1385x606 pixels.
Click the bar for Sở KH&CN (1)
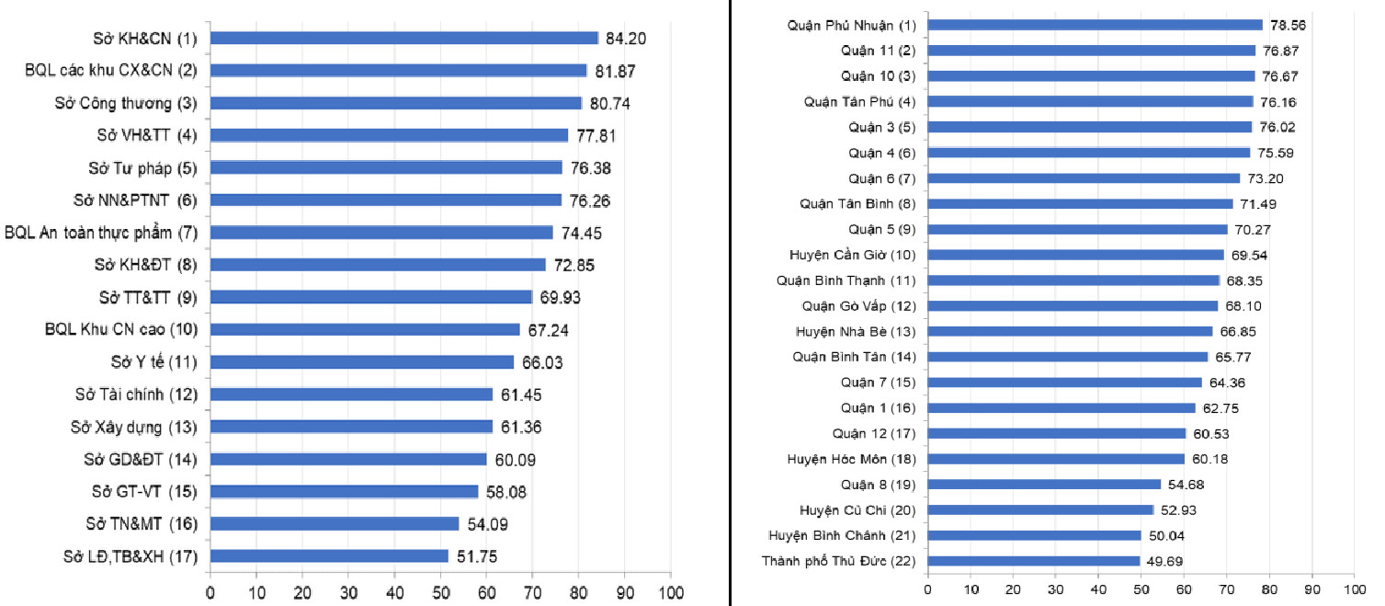click(x=404, y=38)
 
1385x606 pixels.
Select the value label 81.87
click(x=618, y=71)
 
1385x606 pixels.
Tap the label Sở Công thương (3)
click(x=126, y=103)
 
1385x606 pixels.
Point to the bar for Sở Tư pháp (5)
click(x=386, y=167)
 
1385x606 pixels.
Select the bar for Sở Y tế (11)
click(x=362, y=362)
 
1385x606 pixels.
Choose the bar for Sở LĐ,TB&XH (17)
click(x=329, y=556)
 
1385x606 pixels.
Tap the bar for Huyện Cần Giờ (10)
click(x=1076, y=255)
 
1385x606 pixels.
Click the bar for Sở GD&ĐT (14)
click(x=348, y=459)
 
